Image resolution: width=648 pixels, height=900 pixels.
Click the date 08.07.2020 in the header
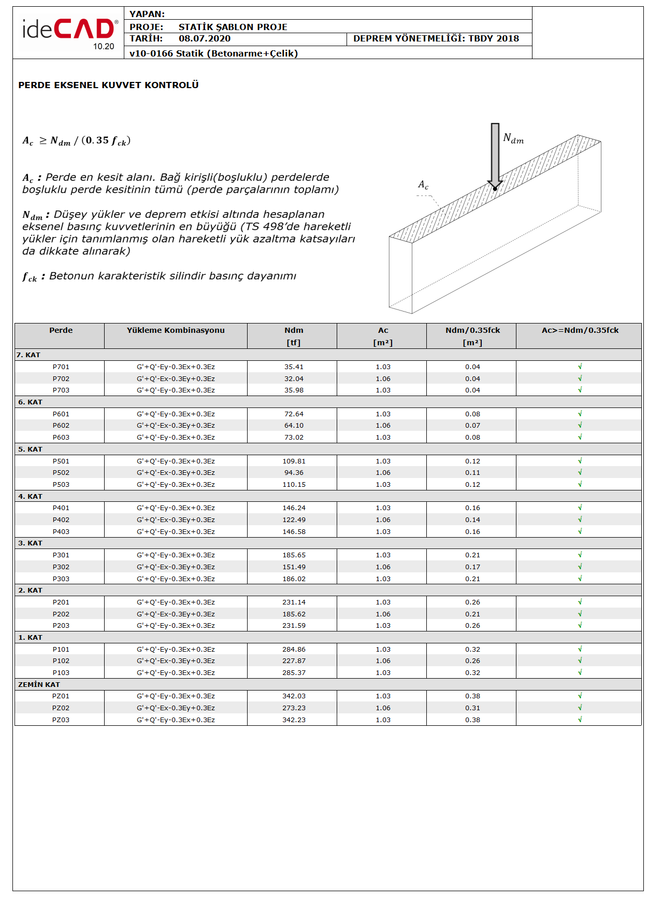click(205, 39)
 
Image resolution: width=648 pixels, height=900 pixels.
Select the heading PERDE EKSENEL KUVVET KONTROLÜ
click(108, 85)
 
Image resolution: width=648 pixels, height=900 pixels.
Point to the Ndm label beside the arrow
click(513, 138)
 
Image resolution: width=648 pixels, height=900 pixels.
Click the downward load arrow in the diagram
click(495, 156)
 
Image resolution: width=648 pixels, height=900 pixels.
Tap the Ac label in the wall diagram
click(423, 185)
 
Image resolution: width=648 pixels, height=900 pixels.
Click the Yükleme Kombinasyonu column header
click(176, 330)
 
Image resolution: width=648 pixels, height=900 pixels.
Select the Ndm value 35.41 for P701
click(294, 367)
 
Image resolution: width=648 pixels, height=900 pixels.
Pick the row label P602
click(61, 426)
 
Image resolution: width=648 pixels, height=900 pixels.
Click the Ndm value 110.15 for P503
click(294, 485)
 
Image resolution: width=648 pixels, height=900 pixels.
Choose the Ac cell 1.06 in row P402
click(383, 520)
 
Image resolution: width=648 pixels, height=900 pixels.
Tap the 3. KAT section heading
click(30, 543)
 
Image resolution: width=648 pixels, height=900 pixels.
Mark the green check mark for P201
click(580, 602)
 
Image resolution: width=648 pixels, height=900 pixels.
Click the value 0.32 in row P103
click(472, 673)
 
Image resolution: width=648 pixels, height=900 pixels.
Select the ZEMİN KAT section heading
click(39, 685)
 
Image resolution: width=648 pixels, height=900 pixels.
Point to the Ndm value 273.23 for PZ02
click(294, 708)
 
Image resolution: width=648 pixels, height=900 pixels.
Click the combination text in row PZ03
click(176, 720)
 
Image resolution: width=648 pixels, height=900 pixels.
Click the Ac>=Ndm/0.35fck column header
click(580, 330)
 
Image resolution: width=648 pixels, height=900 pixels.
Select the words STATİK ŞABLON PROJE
click(233, 27)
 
